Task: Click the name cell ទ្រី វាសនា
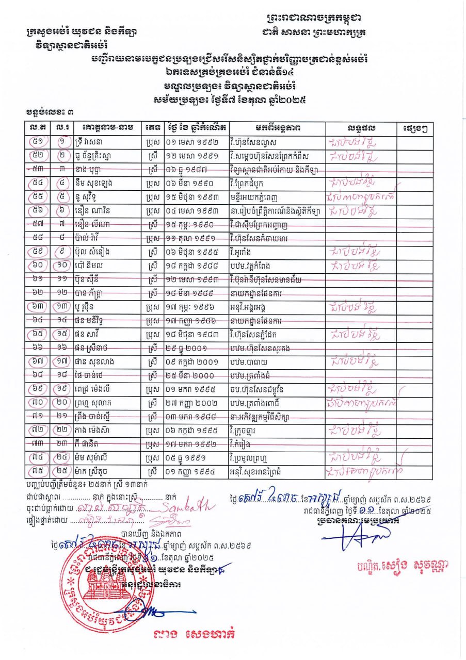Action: pos(92,141)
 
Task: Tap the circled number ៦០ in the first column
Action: pos(38,266)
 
